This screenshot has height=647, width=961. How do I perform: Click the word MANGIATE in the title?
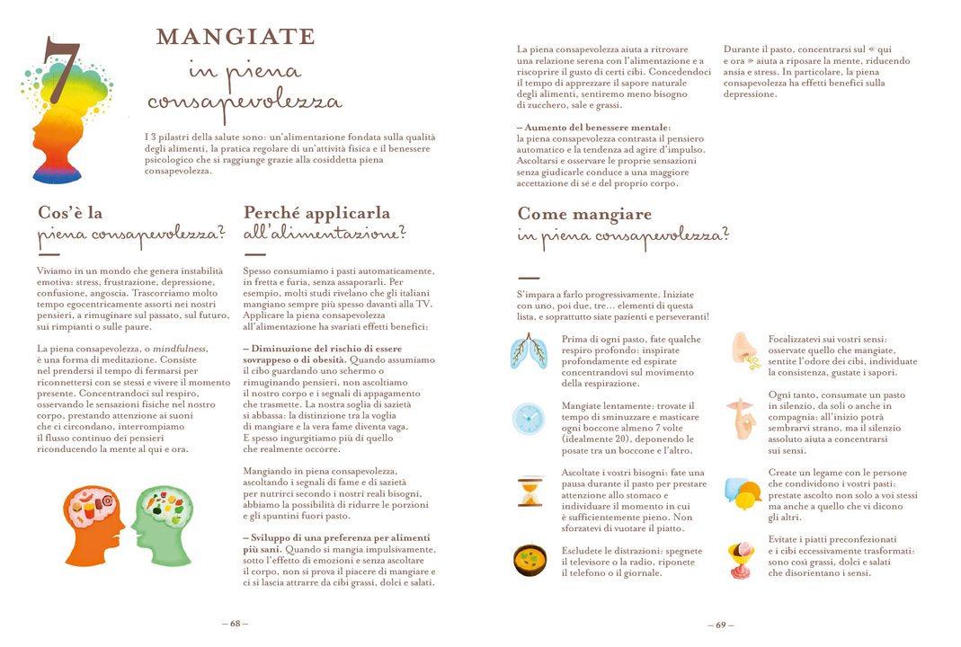click(236, 37)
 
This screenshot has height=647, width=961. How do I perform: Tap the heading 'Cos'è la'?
click(70, 213)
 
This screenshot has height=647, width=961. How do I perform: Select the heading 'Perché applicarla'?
click(316, 213)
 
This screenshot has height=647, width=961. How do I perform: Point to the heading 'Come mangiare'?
click(584, 214)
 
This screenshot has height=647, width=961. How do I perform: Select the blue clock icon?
click(529, 419)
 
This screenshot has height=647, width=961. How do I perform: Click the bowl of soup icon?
click(529, 560)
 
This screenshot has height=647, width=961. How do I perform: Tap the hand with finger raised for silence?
click(743, 418)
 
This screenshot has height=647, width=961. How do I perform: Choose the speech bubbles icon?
click(743, 493)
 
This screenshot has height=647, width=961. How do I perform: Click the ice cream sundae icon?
click(743, 560)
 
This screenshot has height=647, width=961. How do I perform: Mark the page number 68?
click(235, 624)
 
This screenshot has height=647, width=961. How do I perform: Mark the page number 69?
click(720, 624)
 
